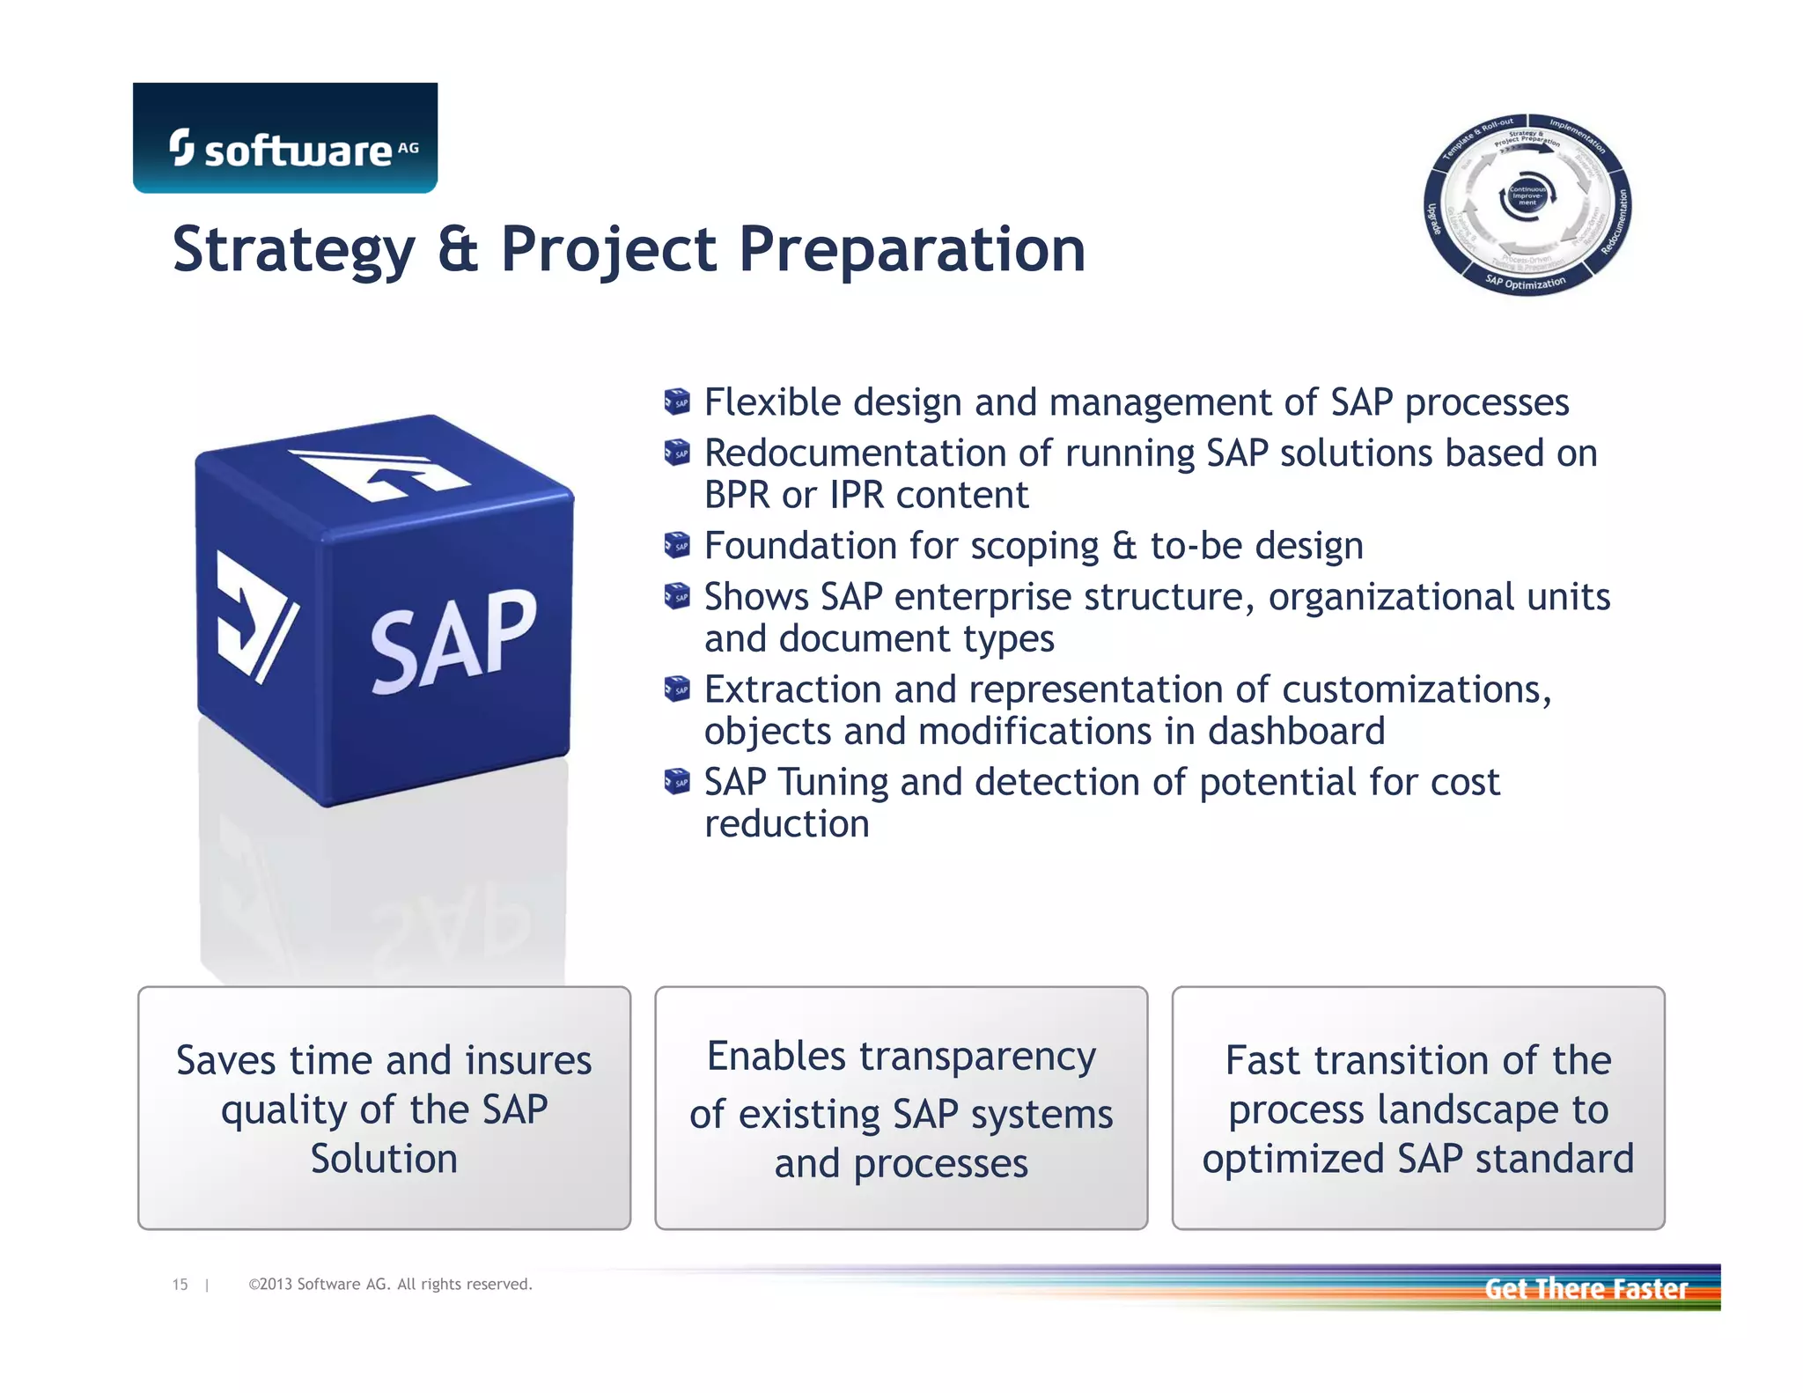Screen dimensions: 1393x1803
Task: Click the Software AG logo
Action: pyautogui.click(x=285, y=139)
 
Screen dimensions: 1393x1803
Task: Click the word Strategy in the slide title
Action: pyautogui.click(x=293, y=249)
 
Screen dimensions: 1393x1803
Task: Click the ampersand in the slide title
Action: pyautogui.click(x=458, y=249)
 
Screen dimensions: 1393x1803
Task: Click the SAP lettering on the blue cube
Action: pyautogui.click(x=453, y=641)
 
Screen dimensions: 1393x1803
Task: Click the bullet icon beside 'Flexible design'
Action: pyautogui.click(x=677, y=402)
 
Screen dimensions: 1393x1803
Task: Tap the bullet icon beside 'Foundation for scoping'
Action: pyautogui.click(x=677, y=546)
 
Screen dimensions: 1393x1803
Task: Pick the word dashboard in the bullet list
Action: pyautogui.click(x=1296, y=732)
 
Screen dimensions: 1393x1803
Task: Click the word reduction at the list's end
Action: pyautogui.click(x=786, y=824)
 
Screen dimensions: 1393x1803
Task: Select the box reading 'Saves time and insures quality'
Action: pyautogui.click(x=384, y=1108)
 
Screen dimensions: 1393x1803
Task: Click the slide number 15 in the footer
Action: pyautogui.click(x=180, y=1285)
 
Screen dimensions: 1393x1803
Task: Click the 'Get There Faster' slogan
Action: pyautogui.click(x=1586, y=1289)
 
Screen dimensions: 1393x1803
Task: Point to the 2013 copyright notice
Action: pyautogui.click(x=390, y=1285)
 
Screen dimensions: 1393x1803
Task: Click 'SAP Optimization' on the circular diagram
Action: pyautogui.click(x=1526, y=283)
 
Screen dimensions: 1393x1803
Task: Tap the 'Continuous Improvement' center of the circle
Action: pyautogui.click(x=1527, y=195)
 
